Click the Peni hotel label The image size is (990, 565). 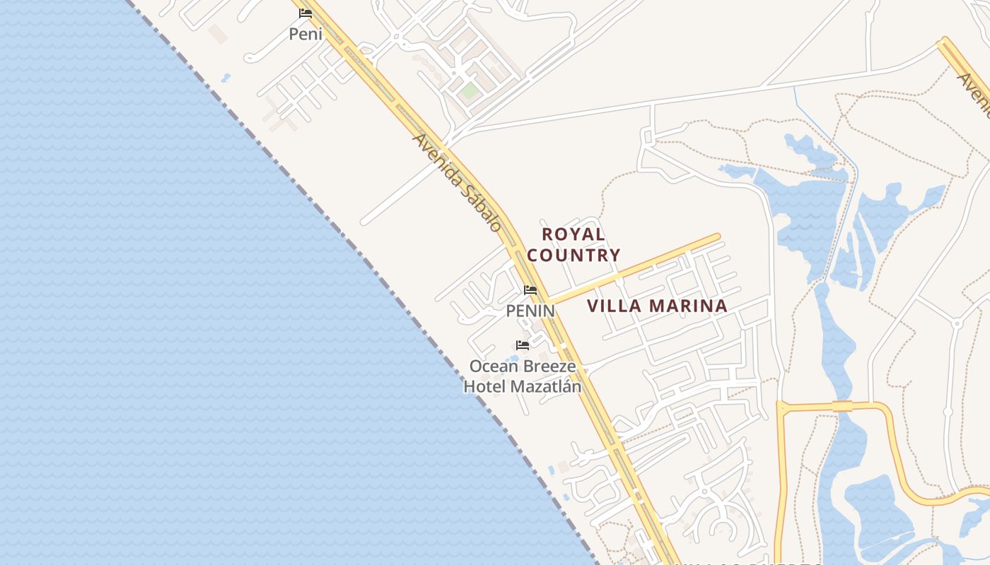tap(305, 33)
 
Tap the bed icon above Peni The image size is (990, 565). tap(305, 13)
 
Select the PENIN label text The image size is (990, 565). tap(530, 310)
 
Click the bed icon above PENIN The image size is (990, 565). tap(530, 290)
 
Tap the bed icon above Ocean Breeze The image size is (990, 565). tap(523, 345)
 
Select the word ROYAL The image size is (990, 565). tap(573, 234)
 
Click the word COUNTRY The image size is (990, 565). tap(573, 255)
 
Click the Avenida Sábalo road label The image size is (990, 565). tap(458, 183)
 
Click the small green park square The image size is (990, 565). tap(468, 91)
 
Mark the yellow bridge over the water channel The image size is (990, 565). tap(842, 405)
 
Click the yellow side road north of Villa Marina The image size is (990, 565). tap(636, 268)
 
